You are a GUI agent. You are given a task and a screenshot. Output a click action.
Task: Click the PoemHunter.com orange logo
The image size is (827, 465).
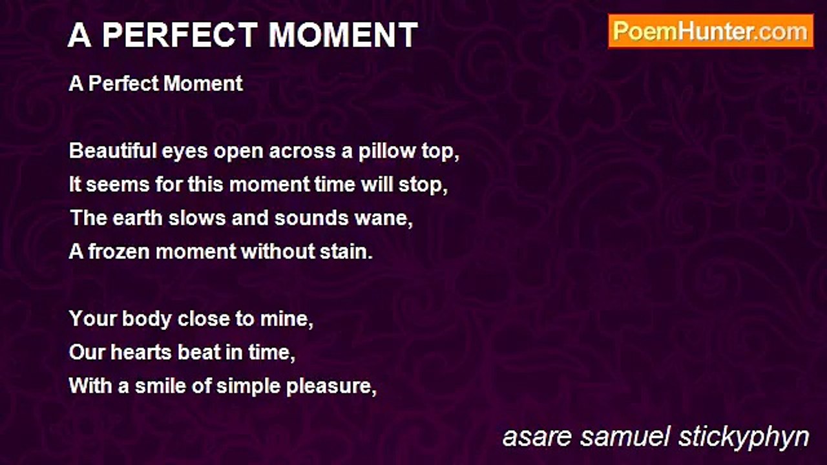711,32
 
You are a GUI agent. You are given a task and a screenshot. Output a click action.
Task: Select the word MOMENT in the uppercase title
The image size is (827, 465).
343,35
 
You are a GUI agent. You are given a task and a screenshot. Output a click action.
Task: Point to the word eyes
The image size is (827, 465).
185,152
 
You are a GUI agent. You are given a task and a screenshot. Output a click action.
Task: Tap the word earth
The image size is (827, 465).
138,218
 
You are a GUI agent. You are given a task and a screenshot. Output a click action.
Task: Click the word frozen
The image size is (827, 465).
119,251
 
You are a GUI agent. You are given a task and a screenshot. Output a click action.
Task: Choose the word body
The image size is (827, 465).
147,319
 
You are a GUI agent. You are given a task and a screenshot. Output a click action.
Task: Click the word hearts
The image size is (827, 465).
141,352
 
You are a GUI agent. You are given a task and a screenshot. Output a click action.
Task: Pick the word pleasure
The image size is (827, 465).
329,387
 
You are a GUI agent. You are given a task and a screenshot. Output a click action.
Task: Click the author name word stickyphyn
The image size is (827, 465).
744,438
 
